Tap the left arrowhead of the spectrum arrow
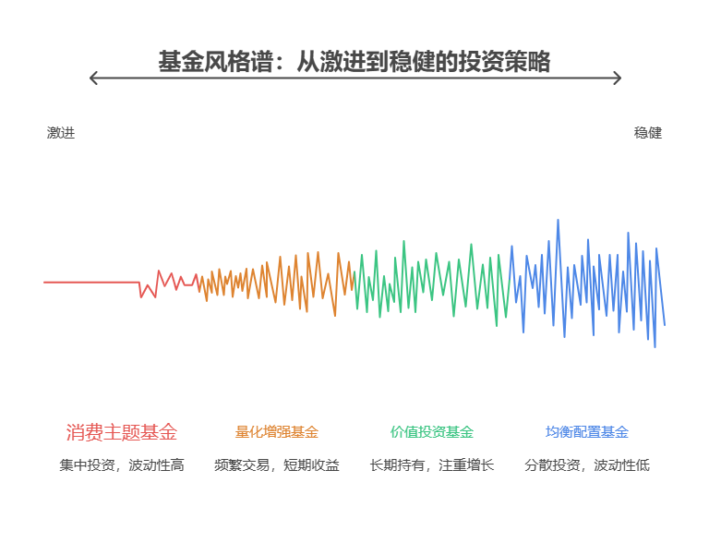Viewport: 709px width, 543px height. (x=92, y=78)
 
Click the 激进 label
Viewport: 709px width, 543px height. (x=61, y=133)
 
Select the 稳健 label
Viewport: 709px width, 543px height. (x=648, y=133)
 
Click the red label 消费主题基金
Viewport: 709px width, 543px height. (x=121, y=432)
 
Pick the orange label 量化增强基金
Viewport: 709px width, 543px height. (x=276, y=432)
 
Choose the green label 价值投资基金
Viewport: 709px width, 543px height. (x=431, y=432)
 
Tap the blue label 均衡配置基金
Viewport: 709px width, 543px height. (x=586, y=432)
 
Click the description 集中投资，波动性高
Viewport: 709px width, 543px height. (x=121, y=465)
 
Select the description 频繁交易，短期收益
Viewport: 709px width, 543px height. (x=276, y=465)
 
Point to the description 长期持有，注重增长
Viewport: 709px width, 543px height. (x=431, y=465)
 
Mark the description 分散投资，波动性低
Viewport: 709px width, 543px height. (x=586, y=465)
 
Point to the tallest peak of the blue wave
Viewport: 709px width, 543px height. (x=558, y=221)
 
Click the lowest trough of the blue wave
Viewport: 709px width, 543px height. (x=655, y=345)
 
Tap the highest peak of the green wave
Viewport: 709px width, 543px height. (x=403, y=242)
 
